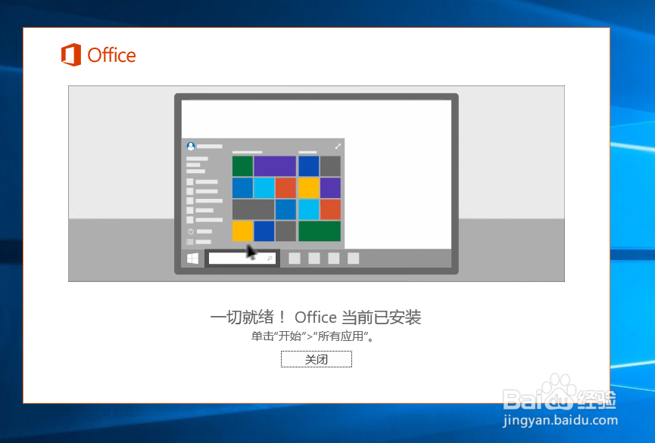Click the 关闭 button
point(317,359)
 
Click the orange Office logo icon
point(71,54)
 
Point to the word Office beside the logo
point(111,55)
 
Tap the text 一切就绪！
point(248,318)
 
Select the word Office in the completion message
point(316,318)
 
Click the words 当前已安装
point(382,318)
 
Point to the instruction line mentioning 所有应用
point(313,336)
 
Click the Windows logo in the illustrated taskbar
point(192,259)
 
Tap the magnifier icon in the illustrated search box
point(270,259)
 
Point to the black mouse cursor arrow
point(251,252)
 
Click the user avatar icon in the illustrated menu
point(191,146)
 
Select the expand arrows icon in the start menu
point(338,146)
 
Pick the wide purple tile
point(275,166)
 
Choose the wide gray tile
point(253,209)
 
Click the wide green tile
point(320,231)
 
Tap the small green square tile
point(242,166)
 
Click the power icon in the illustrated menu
point(191,231)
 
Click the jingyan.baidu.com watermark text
point(560,420)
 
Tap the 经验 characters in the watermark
point(596,399)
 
